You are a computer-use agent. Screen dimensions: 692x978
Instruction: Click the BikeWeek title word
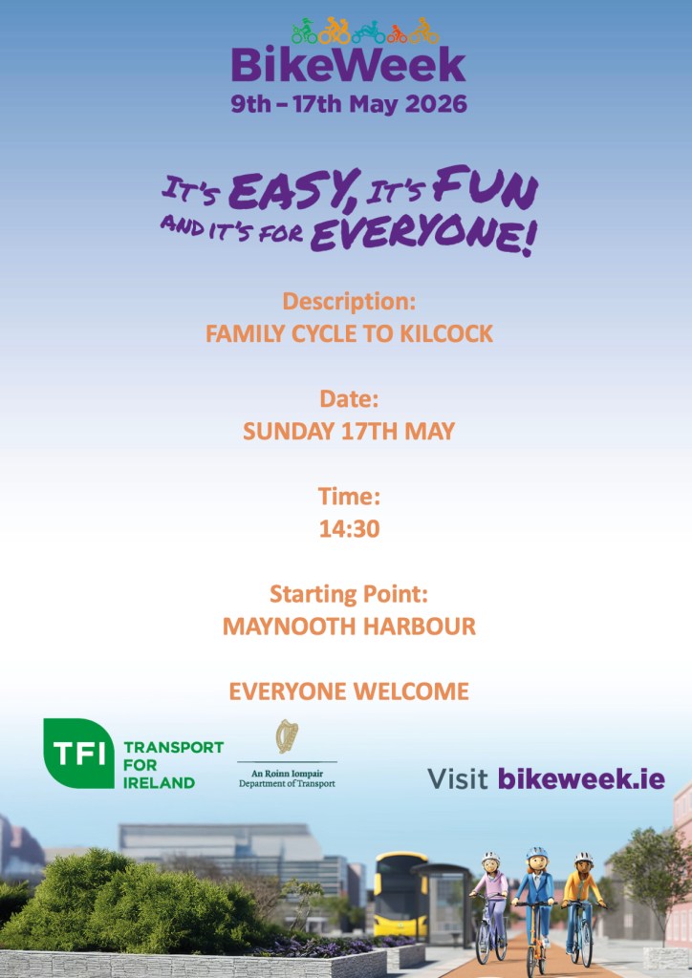348,66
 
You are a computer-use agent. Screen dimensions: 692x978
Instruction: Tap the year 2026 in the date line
436,103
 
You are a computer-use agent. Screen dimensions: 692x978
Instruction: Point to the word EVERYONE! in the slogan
423,235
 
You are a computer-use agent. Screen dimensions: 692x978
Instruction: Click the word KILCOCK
446,333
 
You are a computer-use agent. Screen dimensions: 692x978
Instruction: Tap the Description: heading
349,302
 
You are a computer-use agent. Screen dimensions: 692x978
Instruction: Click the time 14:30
350,529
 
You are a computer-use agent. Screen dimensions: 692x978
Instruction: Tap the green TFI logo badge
78,753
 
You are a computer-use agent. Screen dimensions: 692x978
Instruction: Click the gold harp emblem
288,736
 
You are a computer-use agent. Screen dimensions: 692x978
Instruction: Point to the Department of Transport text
287,783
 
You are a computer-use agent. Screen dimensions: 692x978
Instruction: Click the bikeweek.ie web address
581,778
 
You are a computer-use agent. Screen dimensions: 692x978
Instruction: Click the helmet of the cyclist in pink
490,859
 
